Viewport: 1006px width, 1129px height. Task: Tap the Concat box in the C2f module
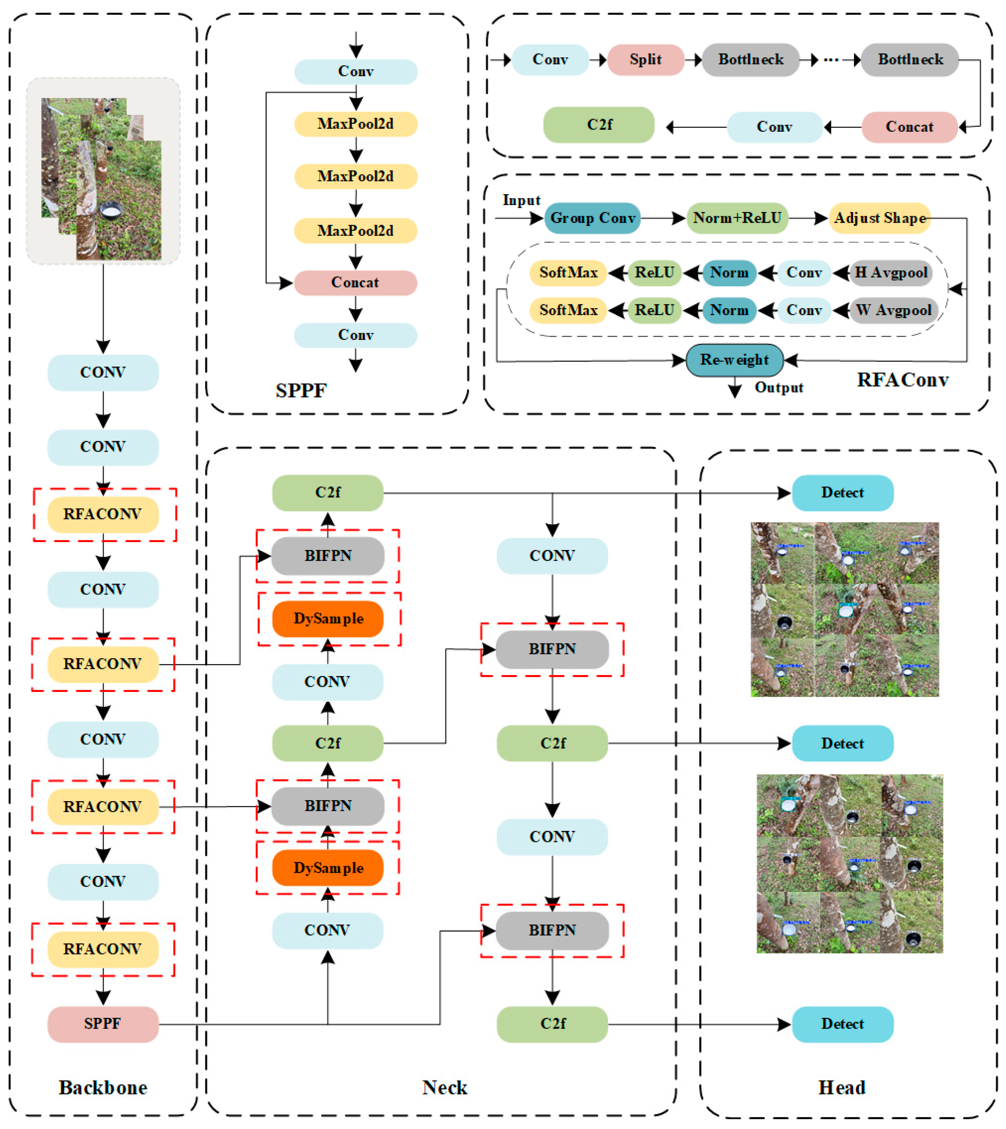coord(909,127)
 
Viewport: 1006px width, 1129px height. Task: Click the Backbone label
coord(103,1087)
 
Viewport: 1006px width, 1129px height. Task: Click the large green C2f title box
coord(599,125)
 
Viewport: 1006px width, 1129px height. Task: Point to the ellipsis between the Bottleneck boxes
coord(831,60)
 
